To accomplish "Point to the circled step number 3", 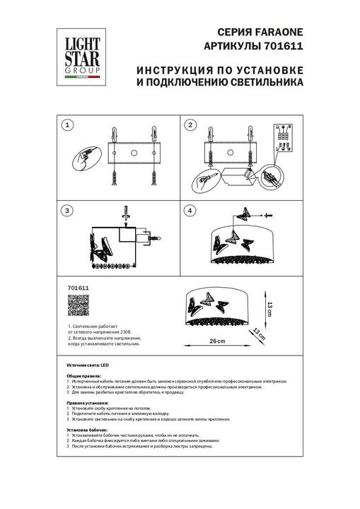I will [x=67, y=211].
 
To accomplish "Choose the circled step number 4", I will [x=190, y=211].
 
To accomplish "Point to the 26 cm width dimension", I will [x=217, y=341].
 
